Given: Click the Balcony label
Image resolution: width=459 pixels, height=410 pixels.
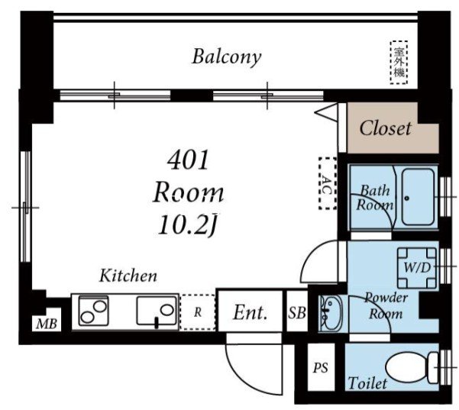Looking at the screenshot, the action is (226, 57).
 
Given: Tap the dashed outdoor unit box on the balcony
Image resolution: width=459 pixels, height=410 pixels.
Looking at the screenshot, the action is (399, 62).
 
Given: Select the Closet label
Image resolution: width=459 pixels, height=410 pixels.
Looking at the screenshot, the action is (385, 128).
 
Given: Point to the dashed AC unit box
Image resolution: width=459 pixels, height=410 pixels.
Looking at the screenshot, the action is (328, 183).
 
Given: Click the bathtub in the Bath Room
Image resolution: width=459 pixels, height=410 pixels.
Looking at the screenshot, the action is (418, 197).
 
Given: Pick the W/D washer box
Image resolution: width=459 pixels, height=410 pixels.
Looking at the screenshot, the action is (417, 268).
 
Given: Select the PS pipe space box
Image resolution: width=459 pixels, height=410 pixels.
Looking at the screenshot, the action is (321, 367).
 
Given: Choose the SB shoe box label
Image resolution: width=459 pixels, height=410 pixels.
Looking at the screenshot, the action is (297, 312).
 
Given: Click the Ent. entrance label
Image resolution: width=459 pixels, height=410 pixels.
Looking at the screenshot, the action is (251, 312).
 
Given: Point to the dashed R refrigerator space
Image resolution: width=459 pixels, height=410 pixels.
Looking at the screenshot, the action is (198, 312).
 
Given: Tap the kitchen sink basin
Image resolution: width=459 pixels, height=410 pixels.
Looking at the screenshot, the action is (157, 311).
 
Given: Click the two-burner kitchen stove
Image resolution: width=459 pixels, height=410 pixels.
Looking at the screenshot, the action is (93, 311).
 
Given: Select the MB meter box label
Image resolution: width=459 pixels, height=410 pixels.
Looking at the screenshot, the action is (47, 324).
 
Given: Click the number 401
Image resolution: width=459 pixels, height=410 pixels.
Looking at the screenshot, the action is (188, 160).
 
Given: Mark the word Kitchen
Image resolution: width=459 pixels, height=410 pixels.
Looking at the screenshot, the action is (128, 276).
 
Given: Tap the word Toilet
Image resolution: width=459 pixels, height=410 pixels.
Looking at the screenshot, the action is (367, 383).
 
